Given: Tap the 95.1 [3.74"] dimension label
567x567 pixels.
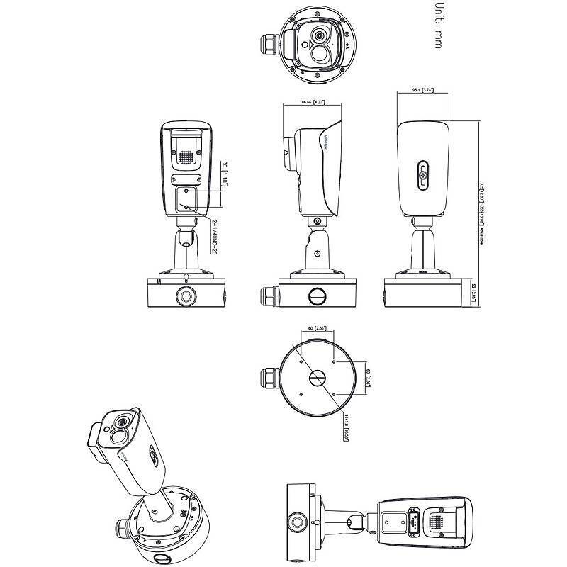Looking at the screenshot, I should tap(422, 91).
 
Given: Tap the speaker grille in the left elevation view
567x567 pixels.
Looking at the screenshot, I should tap(186, 157).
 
